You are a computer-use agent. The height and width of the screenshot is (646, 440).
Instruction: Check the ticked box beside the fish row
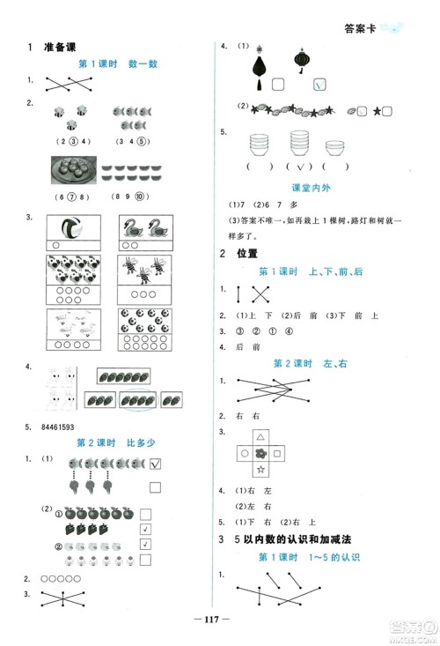click(x=155, y=464)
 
